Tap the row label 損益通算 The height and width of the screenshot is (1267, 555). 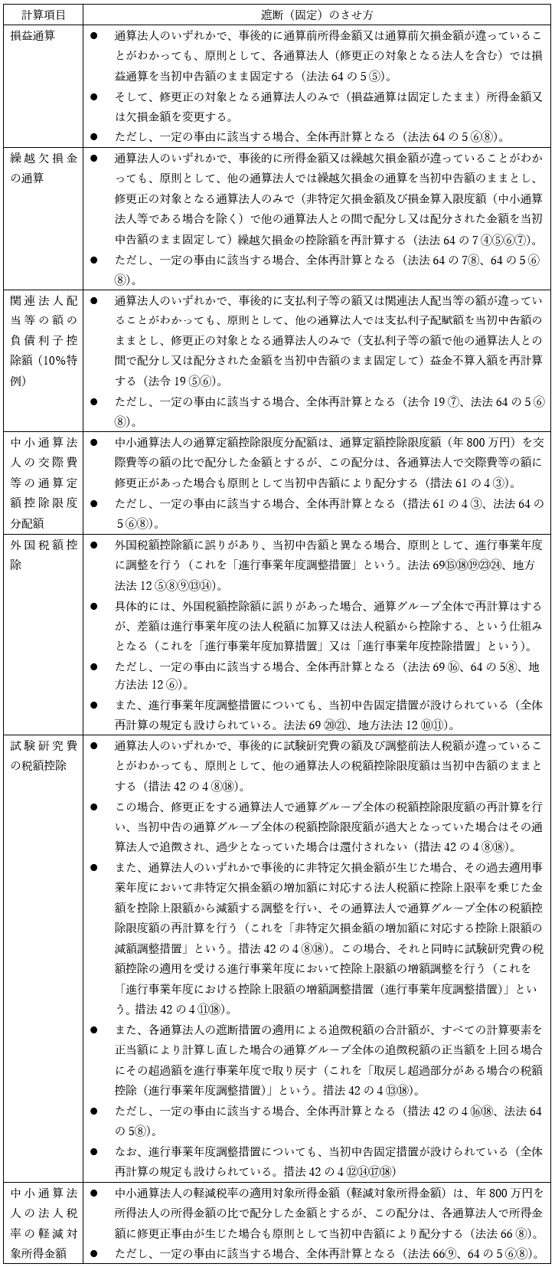click(33, 35)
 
